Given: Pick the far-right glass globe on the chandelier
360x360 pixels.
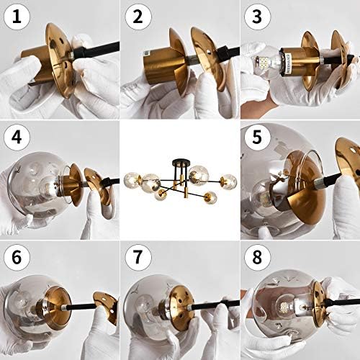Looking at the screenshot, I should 229,180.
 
